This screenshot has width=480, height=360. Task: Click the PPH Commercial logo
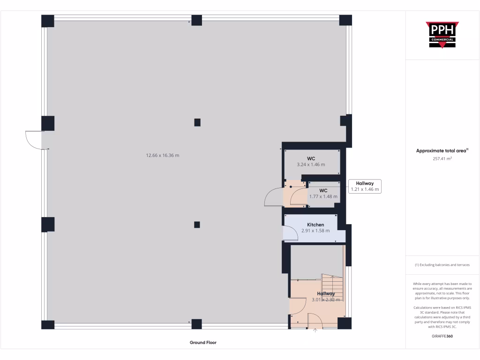pos(442,35)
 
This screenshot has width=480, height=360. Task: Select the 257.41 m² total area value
pos(442,159)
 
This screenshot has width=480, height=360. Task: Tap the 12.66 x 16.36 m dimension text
pos(163,155)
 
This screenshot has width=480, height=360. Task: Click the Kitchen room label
pos(315,225)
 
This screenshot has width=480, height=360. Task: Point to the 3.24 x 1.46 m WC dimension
pos(311,165)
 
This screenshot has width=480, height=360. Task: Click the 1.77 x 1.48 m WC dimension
pos(323,196)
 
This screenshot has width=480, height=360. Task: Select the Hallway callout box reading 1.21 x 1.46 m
pos(365,187)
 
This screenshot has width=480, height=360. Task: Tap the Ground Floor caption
pos(203,343)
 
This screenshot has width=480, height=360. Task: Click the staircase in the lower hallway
pos(332,287)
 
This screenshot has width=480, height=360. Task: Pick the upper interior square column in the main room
pos(197,122)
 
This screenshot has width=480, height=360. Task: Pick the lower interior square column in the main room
pos(197,225)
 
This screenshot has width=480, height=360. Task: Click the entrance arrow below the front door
pos(315,330)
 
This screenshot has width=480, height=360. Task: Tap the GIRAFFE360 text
pos(442,336)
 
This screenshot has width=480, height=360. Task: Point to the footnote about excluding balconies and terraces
pos(442,265)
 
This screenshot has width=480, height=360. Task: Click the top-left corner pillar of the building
pos(48,21)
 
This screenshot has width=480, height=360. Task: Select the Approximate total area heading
pos(442,150)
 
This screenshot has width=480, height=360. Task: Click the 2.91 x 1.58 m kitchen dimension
pos(315,231)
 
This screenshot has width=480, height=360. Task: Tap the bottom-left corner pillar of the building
pos(48,324)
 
